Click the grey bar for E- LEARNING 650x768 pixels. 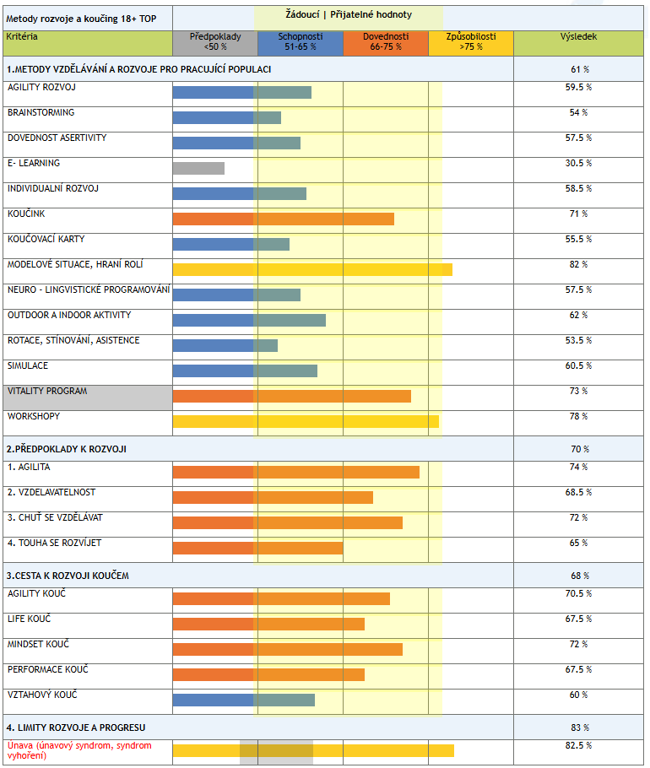pos(198,168)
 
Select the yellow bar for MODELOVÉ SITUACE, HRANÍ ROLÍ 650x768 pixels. pos(312,269)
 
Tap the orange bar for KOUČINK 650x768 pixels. pos(283,219)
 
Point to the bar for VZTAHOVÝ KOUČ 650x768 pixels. pos(243,700)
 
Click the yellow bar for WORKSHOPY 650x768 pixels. pos(306,421)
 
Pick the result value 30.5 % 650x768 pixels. pos(578,163)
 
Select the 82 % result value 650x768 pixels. pos(578,264)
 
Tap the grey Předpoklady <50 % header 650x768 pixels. pos(214,42)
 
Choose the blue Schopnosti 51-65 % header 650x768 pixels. pos(301,42)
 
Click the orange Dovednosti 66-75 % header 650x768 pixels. pos(386,42)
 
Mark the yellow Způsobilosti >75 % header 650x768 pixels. pos(471,42)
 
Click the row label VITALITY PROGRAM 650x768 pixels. pos(47,392)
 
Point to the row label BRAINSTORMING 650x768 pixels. pos(41,113)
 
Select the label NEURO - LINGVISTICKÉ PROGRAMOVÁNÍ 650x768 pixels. pos(88,290)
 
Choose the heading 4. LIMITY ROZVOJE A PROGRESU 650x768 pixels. pos(76,727)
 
